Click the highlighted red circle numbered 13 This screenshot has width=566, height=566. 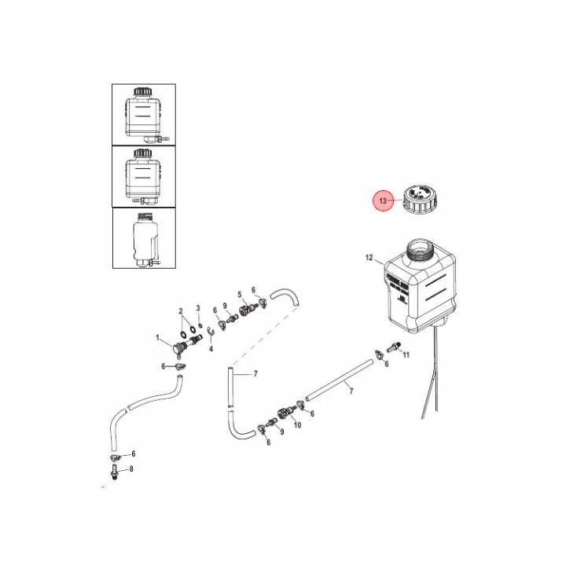(x=383, y=202)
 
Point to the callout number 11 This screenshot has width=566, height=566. (x=406, y=355)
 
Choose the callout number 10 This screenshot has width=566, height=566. (x=297, y=424)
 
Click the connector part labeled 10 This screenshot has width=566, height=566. (x=285, y=411)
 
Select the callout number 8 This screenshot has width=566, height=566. (x=131, y=469)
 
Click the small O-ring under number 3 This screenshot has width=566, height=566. (x=200, y=325)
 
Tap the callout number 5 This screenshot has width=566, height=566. (x=239, y=295)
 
